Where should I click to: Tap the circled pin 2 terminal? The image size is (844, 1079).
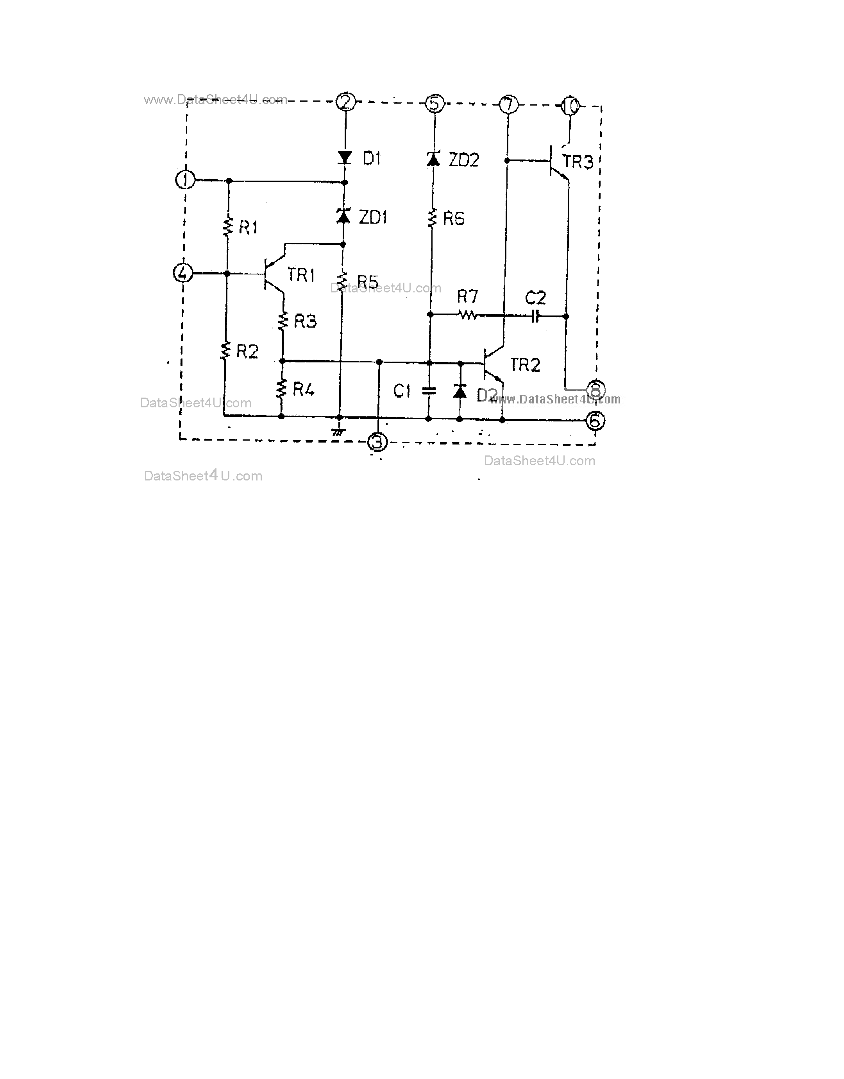pyautogui.click(x=345, y=102)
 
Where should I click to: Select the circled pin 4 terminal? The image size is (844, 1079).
pyautogui.click(x=183, y=273)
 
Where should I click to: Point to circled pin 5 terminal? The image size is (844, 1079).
pyautogui.click(x=435, y=104)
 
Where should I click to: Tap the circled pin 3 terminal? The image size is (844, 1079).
pyautogui.click(x=377, y=442)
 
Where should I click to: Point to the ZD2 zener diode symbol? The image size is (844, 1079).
pyautogui.click(x=433, y=159)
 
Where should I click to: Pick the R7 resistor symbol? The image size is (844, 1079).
pyautogui.click(x=467, y=315)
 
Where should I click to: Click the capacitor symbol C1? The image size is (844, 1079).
pyautogui.click(x=429, y=391)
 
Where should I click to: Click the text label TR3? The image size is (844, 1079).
pyautogui.click(x=578, y=161)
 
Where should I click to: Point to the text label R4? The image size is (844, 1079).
pyautogui.click(x=303, y=389)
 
